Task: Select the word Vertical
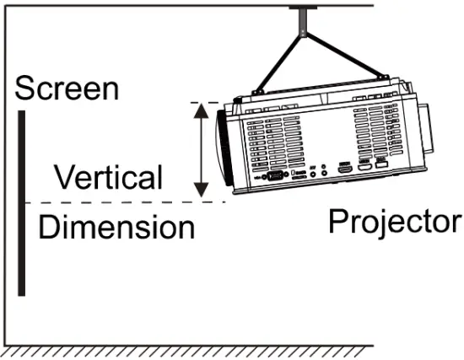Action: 107,178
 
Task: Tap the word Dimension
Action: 116,227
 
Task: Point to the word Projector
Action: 395,221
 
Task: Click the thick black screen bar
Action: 21,202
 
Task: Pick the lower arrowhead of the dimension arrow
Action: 201,189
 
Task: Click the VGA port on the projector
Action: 274,175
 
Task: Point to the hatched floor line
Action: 232,350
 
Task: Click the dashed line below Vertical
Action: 127,202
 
